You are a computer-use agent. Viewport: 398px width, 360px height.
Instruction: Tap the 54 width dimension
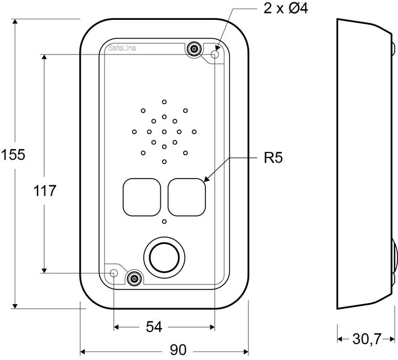tap(154, 327)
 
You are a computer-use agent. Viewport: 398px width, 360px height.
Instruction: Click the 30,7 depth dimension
tap(366, 340)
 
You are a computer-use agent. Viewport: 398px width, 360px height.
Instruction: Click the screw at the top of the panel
tap(194, 49)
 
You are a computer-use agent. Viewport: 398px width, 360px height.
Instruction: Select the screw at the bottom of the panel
tap(134, 278)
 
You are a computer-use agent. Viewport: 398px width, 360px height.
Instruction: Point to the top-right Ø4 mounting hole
tap(215, 55)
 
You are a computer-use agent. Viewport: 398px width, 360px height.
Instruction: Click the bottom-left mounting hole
tap(114, 274)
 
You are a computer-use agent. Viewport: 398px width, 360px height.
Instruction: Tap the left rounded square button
tap(141, 197)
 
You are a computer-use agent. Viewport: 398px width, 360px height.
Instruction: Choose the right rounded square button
tap(186, 197)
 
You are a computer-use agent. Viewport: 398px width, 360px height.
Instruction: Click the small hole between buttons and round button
tap(164, 222)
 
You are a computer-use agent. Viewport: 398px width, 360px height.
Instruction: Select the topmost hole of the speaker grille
tap(164, 102)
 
